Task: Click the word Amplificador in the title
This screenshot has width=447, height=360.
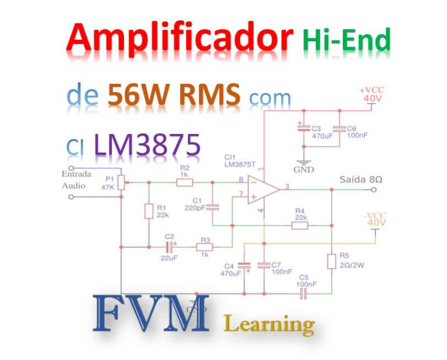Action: (x=179, y=40)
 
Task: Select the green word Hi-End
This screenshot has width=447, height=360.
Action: (x=346, y=41)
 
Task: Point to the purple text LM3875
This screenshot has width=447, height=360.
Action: (x=147, y=144)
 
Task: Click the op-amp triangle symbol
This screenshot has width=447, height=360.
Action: (x=262, y=189)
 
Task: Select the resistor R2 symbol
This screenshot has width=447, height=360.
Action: (x=185, y=182)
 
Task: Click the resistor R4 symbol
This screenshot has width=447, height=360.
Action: (x=300, y=225)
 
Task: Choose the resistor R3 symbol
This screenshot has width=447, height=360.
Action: (x=204, y=247)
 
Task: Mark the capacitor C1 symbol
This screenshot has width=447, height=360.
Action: (x=212, y=206)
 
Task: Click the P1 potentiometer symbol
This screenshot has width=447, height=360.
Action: (x=121, y=183)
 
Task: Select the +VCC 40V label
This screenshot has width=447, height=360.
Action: (x=372, y=94)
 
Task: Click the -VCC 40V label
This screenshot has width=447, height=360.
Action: (x=375, y=219)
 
